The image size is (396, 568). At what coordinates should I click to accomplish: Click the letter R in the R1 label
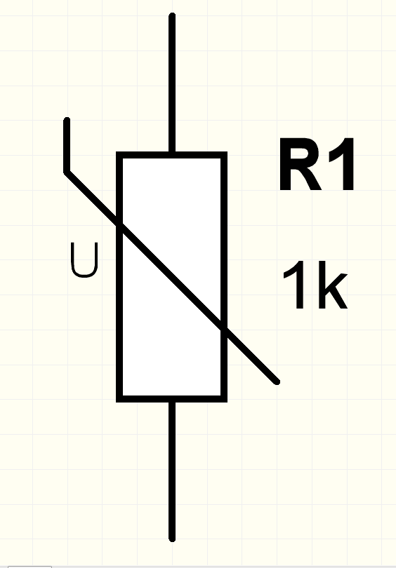coord(301,164)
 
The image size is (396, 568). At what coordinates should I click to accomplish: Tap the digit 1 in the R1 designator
coord(342,164)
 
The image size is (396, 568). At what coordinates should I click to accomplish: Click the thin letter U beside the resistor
coord(84,260)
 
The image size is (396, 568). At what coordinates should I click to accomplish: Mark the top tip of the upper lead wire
coord(172,15)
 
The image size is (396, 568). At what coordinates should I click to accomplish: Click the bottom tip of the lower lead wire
coord(172,540)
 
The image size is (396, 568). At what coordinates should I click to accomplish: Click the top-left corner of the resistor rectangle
coord(119,155)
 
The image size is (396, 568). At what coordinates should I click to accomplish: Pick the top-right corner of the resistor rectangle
coord(225,155)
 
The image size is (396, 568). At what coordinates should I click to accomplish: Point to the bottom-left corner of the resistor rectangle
coord(119,399)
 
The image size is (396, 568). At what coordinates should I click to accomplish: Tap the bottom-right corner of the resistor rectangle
coord(225,399)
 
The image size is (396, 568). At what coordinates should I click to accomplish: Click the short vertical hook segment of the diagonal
coord(67,145)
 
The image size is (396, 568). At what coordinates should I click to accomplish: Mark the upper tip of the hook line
coord(67,119)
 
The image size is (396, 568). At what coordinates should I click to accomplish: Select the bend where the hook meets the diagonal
coord(67,173)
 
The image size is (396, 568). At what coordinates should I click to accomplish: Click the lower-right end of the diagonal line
coord(277,382)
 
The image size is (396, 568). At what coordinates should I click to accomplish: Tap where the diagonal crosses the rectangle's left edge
coord(119,224)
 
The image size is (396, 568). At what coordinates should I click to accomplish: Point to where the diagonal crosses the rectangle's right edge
coord(225,330)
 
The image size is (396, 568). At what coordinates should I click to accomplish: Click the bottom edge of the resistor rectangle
coord(171,399)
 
